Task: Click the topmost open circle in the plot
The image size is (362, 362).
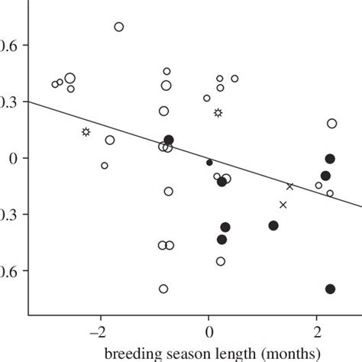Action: pos(119,27)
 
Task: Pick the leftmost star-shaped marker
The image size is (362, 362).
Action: pos(86,132)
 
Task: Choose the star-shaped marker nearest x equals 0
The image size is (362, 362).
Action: pos(218,113)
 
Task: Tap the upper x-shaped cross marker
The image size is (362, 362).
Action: pos(290,186)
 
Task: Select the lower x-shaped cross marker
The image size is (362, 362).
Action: pos(283,205)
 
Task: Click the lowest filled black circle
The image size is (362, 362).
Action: pos(330,289)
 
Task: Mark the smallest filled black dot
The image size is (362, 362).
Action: pos(209,162)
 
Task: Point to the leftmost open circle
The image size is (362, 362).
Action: pos(55,84)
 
